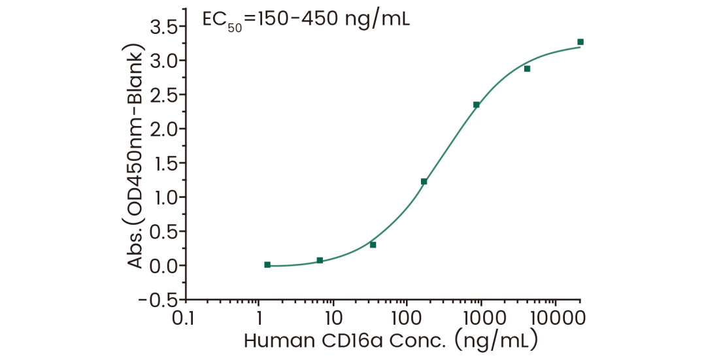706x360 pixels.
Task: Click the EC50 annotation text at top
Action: click(x=305, y=20)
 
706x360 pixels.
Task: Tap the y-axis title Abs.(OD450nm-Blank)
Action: click(x=137, y=157)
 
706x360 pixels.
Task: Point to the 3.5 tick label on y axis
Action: click(x=164, y=27)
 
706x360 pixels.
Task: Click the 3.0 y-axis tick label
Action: click(x=164, y=61)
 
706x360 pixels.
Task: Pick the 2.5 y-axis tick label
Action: click(x=164, y=95)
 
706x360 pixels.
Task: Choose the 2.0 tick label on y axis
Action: click(x=164, y=129)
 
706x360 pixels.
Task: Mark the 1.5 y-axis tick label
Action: click(x=164, y=163)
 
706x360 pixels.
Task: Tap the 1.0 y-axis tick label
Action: click(x=164, y=197)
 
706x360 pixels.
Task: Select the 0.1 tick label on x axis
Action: click(x=185, y=319)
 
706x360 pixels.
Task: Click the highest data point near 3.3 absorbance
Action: click(x=580, y=42)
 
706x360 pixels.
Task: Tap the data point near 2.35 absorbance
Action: click(x=477, y=105)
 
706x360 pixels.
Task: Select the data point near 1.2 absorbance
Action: click(x=424, y=182)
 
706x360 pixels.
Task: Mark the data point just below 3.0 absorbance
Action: click(x=528, y=69)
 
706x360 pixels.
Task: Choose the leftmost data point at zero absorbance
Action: click(x=267, y=265)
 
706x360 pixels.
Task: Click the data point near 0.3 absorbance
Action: click(x=373, y=245)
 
